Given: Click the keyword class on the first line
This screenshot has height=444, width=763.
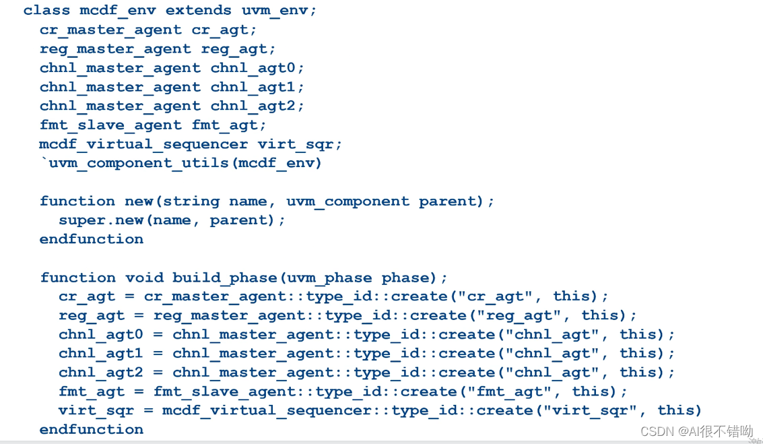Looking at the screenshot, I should point(46,11).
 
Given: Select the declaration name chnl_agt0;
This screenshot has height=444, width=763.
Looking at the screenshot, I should point(258,68).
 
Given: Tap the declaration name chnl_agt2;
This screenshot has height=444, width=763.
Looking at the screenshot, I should point(258,106).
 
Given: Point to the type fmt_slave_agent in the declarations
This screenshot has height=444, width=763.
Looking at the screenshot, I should point(110,125).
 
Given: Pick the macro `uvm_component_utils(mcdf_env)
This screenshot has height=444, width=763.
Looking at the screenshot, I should point(180,163).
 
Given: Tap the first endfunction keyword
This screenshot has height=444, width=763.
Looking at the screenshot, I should point(92,239).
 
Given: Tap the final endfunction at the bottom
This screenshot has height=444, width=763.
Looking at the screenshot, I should point(92,429).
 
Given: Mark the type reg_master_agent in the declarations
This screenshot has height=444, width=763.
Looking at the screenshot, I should point(115,49).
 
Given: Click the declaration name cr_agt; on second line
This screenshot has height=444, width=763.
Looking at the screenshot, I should point(224,30).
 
